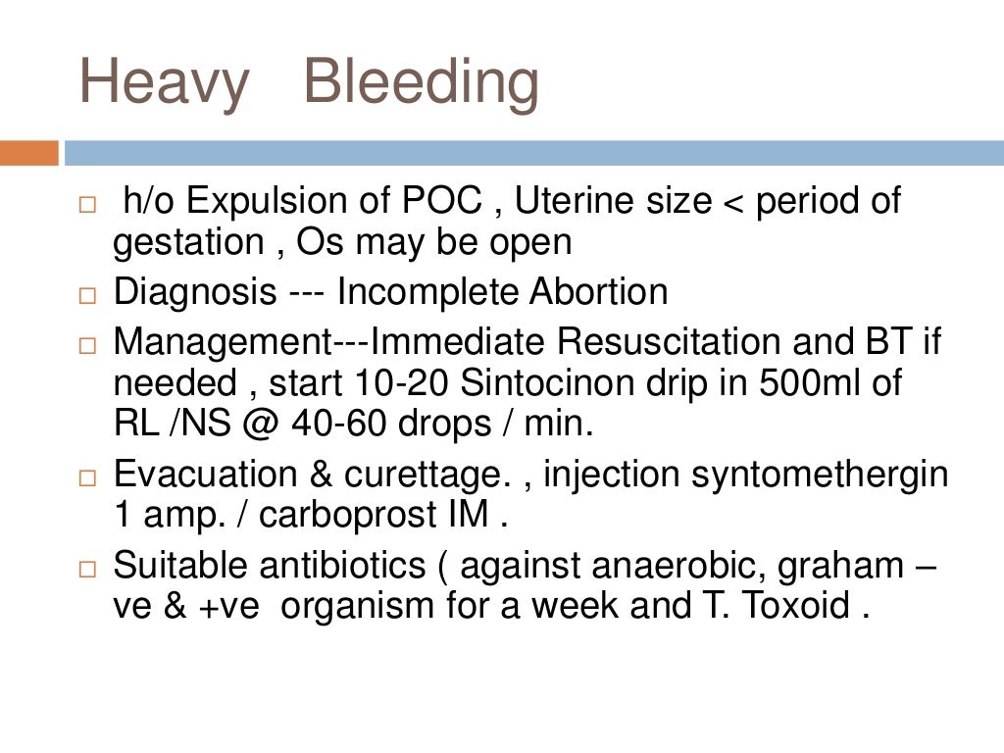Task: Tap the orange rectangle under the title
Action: click(28, 153)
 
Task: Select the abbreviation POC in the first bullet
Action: click(442, 202)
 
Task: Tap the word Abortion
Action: click(599, 292)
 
